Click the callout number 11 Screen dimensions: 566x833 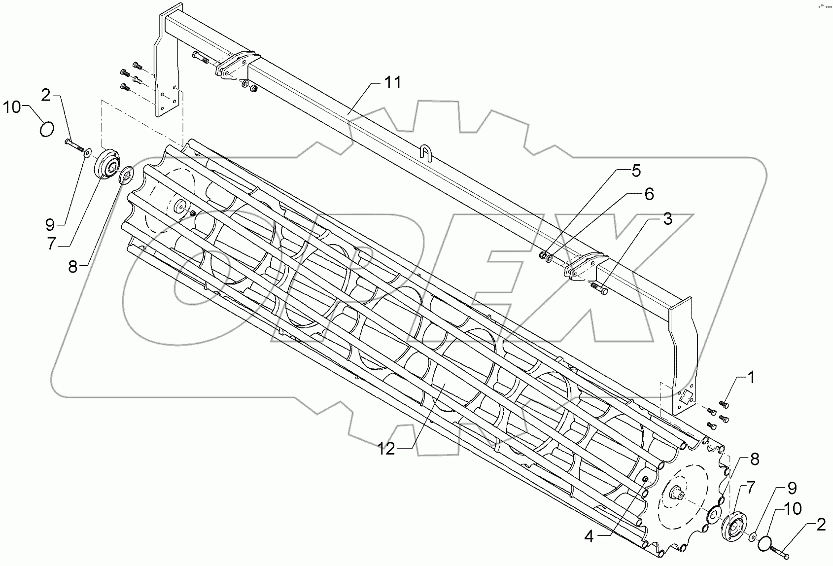pos(393,83)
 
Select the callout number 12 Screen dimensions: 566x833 pos(387,450)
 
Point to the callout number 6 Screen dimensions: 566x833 pos(649,194)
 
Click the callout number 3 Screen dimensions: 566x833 pos(667,219)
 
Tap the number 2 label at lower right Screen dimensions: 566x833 pos(820,526)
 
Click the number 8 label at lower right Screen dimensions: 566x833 pos(755,460)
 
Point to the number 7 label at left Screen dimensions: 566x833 pos(52,244)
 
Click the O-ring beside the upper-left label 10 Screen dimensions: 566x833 pos(46,131)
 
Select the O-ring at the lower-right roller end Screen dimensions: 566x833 pos(765,543)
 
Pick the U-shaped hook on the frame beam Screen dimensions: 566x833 pos(425,150)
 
